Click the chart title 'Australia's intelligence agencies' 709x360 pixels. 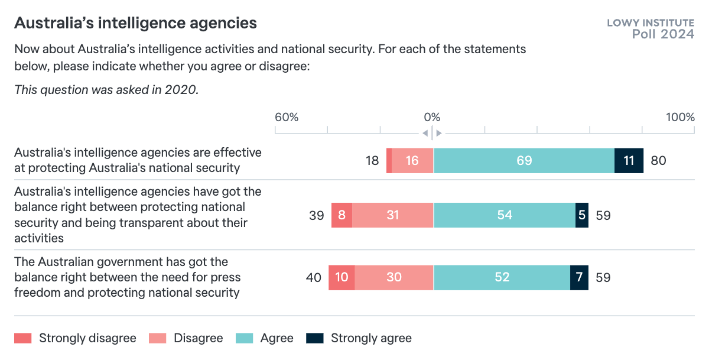pyautogui.click(x=135, y=23)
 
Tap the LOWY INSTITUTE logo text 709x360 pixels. pyautogui.click(x=651, y=23)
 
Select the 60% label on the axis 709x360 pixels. pyautogui.click(x=287, y=117)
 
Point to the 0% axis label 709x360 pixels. pyautogui.click(x=432, y=117)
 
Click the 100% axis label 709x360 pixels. pyautogui.click(x=680, y=117)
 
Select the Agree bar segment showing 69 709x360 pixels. pyautogui.click(x=524, y=161)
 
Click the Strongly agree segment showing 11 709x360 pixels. pyautogui.click(x=629, y=161)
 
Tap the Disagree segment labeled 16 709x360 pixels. pyautogui.click(x=412, y=161)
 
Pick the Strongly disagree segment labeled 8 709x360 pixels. pyautogui.click(x=342, y=216)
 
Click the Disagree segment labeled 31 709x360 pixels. pyautogui.click(x=393, y=216)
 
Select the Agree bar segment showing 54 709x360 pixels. pyautogui.click(x=505, y=216)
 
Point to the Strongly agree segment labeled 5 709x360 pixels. pyautogui.click(x=582, y=216)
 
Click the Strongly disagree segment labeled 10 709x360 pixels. pyautogui.click(x=342, y=278)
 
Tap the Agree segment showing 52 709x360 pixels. pyautogui.click(x=502, y=278)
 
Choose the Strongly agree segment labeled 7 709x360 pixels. pyautogui.click(x=579, y=278)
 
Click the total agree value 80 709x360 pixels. pyautogui.click(x=658, y=161)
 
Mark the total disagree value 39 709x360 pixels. pyautogui.click(x=317, y=216)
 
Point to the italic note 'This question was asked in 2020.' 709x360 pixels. pyautogui.click(x=106, y=90)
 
